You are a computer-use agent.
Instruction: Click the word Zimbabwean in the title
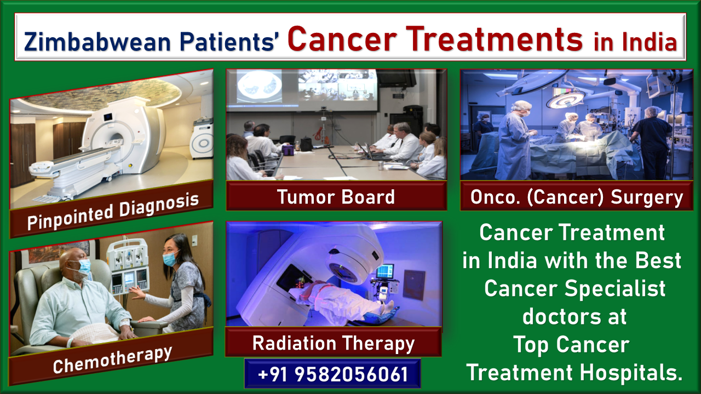tap(97, 42)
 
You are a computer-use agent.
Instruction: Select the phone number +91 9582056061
tap(333, 374)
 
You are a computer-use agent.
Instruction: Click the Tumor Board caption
tap(336, 196)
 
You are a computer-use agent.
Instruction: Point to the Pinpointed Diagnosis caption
tap(113, 212)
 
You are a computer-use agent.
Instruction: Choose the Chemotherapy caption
tap(113, 360)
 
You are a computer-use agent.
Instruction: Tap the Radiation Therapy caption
tap(334, 344)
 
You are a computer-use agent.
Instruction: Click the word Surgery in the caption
tap(647, 198)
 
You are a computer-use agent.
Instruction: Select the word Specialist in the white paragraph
tap(615, 288)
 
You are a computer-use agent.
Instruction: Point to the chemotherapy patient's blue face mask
tap(84, 266)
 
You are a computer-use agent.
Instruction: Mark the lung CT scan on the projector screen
tap(260, 86)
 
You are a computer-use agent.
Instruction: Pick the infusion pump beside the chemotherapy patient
tap(128, 266)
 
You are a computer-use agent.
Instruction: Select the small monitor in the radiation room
tap(385, 271)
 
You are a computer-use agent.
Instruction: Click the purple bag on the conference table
tap(288, 150)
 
